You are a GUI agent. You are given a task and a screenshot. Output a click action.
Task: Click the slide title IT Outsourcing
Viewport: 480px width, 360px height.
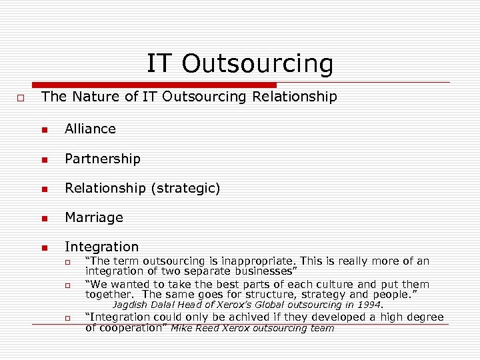(239, 64)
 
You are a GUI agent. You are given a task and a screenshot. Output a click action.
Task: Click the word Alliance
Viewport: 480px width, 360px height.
(90, 129)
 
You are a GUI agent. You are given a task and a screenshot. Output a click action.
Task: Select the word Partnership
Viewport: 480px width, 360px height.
(103, 159)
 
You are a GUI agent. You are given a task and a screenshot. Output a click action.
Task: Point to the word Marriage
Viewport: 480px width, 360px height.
(94, 217)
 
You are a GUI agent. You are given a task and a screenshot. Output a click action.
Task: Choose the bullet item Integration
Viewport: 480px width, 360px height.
(101, 247)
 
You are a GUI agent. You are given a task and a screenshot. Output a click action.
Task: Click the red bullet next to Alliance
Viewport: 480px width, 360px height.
(45, 129)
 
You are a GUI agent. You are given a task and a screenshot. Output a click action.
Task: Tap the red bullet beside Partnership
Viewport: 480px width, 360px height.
(45, 159)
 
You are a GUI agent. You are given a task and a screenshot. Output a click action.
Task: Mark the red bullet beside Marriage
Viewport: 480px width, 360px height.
(45, 218)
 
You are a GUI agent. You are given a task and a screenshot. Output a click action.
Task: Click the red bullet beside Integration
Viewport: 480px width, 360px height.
(45, 247)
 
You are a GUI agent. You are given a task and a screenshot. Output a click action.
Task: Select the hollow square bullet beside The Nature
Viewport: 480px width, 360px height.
(21, 98)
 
